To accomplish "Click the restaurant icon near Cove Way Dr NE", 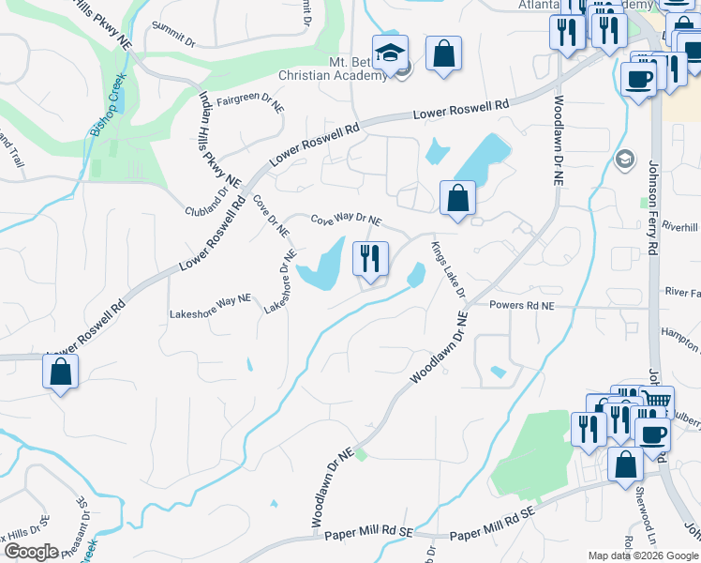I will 370,258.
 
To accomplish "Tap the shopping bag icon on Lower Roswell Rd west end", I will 61,371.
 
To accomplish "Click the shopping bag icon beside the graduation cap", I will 443,53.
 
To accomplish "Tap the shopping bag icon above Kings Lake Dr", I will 456,198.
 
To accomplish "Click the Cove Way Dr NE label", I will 346,219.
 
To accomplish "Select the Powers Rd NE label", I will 522,305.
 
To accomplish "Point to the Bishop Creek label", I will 108,107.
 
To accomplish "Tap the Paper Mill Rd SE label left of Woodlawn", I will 368,532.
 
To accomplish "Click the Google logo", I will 31,552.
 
